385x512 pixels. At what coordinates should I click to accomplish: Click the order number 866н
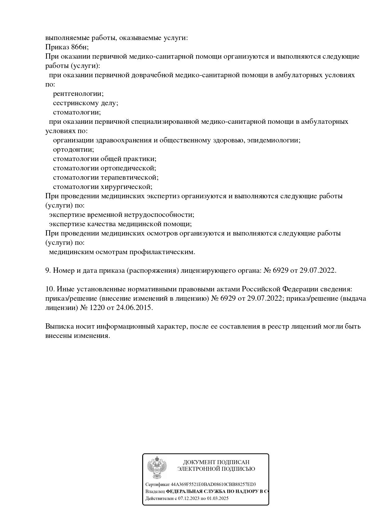[79, 47]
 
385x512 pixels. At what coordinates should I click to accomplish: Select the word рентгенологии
[78, 94]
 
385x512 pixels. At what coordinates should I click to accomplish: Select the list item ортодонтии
[73, 150]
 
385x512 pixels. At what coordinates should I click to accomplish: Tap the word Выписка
[58, 326]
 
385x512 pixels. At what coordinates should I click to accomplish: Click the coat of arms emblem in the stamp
[157, 468]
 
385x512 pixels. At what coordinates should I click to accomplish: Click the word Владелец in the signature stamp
[155, 492]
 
